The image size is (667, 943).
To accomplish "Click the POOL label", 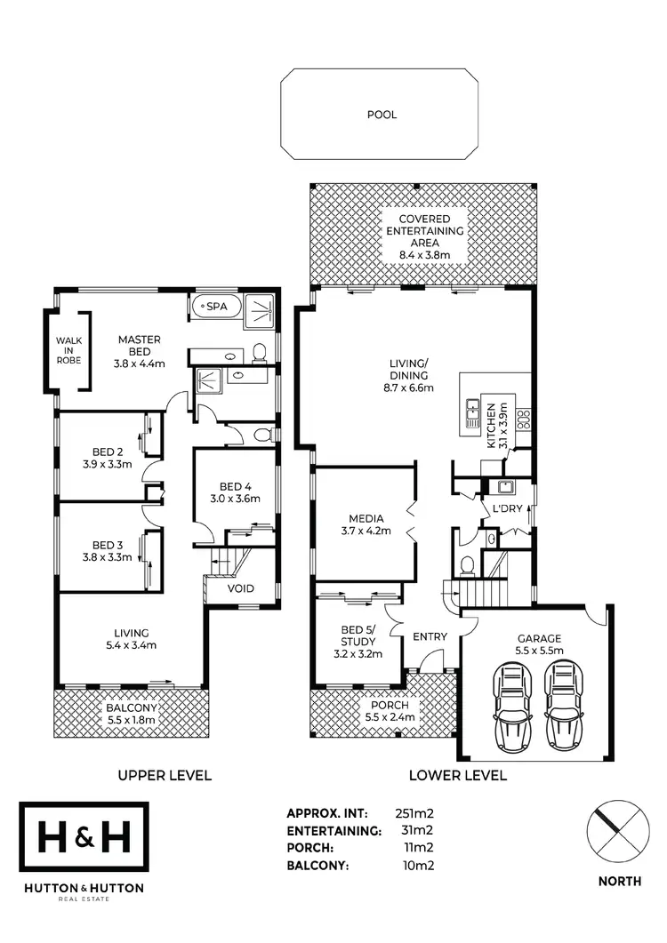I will coord(382,115).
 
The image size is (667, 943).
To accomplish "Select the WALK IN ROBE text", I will coord(68,350).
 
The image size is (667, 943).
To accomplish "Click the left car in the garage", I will coord(512,707).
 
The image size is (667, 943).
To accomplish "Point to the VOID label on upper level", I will coord(241,588).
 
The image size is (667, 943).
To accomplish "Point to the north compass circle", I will coord(614,830).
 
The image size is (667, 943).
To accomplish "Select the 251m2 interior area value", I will coord(414,812).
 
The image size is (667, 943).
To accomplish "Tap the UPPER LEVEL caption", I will coord(165,775).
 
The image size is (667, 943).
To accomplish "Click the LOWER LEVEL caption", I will coord(457,775).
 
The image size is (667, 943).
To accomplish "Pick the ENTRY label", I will coord(430,636).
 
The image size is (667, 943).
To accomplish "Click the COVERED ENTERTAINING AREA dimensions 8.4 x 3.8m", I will coord(418,255).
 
